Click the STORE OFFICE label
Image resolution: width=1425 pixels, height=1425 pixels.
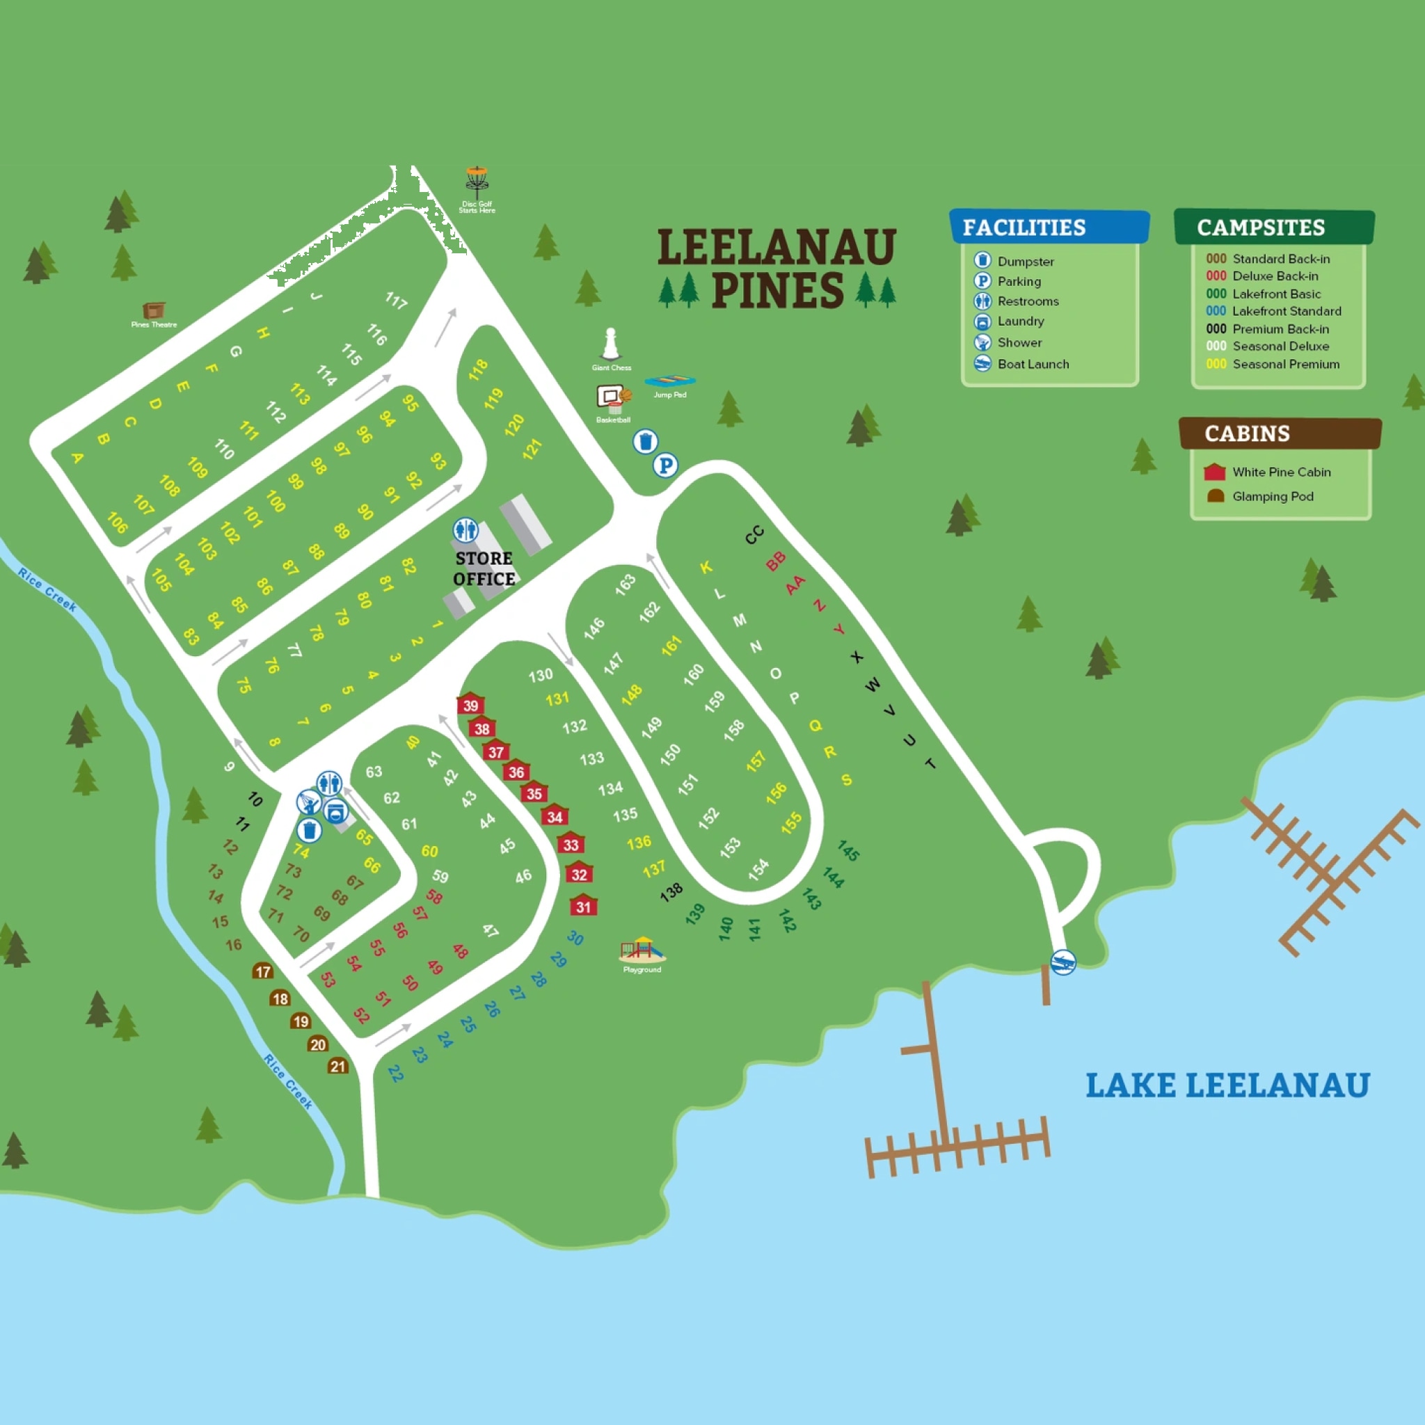[484, 568]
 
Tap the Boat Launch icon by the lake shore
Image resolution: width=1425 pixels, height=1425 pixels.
[1063, 962]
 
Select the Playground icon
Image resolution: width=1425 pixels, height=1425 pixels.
[641, 949]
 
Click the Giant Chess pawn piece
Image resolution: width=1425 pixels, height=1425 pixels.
[610, 344]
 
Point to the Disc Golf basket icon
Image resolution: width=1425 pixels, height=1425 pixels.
[477, 182]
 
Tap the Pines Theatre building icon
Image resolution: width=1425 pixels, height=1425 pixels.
[153, 310]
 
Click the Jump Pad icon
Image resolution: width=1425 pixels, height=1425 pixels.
[670, 381]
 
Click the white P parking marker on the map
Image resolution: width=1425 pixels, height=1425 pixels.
[665, 465]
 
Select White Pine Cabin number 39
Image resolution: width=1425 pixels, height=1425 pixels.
[470, 704]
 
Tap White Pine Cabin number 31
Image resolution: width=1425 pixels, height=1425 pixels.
[583, 906]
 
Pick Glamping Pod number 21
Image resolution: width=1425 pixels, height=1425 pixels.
[337, 1066]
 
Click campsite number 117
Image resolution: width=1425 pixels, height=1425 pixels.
[396, 300]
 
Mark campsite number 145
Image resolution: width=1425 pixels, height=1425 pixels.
[848, 851]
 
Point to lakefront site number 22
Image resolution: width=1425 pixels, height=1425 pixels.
[395, 1073]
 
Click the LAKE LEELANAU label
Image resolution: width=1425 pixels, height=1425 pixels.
[1227, 1085]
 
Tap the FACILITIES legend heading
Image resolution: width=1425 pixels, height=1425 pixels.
[1024, 227]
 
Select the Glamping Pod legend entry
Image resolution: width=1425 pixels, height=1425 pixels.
[1272, 496]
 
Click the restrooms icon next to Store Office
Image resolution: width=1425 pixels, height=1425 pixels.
[465, 530]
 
